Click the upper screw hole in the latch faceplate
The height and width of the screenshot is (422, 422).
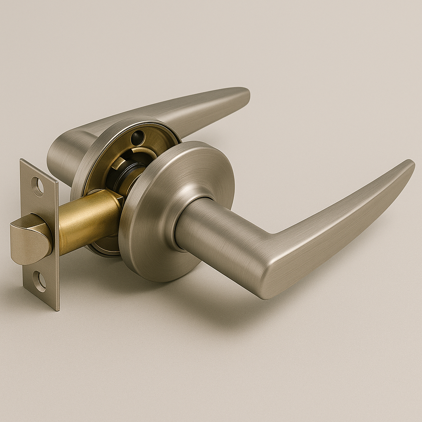coord(38,187)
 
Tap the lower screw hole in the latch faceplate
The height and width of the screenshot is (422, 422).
coord(40,282)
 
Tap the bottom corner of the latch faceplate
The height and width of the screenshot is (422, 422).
coord(57,308)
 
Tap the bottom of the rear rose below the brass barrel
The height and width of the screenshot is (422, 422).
coord(101,249)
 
